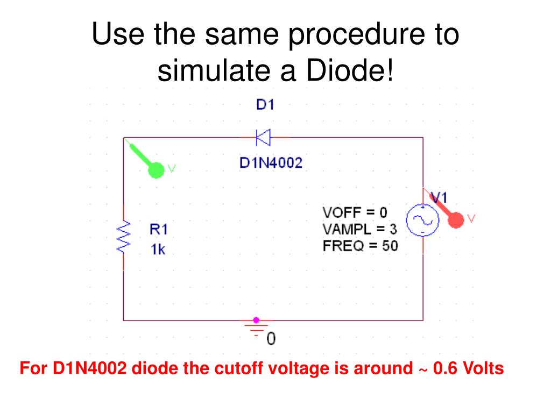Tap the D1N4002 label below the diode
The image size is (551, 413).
(x=271, y=162)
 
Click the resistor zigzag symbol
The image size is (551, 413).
(x=124, y=237)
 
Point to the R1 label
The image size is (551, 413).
(x=159, y=230)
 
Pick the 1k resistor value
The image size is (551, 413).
(x=158, y=250)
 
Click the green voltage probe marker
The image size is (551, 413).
(x=156, y=170)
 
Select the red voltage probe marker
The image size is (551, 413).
(x=456, y=219)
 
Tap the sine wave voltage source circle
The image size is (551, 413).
(x=422, y=220)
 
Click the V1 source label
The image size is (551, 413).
(x=440, y=197)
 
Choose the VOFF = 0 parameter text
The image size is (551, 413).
(x=355, y=212)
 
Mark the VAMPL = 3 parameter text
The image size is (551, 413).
(x=359, y=229)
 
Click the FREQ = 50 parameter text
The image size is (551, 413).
(x=360, y=246)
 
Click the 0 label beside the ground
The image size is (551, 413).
(x=271, y=339)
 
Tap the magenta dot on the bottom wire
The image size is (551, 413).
(x=256, y=320)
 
